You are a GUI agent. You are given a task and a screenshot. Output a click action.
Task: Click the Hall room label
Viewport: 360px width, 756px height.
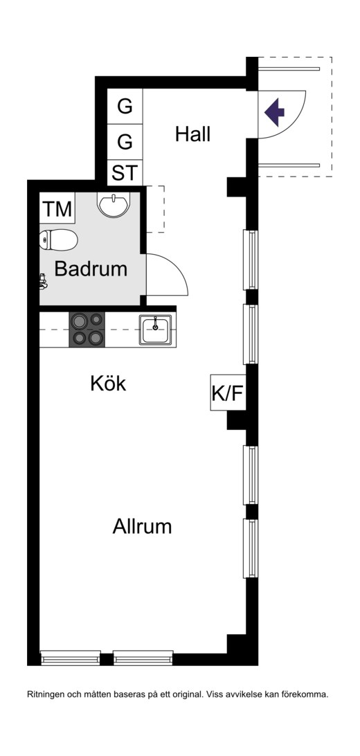(192, 134)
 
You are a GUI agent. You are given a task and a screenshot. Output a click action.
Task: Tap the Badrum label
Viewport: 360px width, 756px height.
(91, 269)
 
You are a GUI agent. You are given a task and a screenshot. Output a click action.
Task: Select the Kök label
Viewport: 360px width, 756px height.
(108, 384)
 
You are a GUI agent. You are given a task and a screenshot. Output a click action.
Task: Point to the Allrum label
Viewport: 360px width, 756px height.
(142, 526)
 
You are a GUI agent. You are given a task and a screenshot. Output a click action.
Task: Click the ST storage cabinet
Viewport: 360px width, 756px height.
(125, 172)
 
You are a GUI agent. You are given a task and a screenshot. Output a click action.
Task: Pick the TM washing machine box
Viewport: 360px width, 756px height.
(57, 210)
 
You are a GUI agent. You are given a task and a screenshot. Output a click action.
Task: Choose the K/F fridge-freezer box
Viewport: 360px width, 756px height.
(228, 393)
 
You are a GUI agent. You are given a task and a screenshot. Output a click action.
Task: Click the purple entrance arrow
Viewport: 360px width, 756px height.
(274, 112)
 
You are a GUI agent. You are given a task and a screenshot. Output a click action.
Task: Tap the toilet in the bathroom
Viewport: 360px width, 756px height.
(58, 240)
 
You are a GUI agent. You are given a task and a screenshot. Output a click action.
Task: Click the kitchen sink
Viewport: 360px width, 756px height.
(155, 330)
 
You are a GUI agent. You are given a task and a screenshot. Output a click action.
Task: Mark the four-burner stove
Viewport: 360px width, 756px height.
(87, 330)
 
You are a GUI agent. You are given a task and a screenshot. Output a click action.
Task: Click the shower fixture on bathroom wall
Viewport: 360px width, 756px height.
(44, 281)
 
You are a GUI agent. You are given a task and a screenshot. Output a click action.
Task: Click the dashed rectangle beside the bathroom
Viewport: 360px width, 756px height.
(155, 209)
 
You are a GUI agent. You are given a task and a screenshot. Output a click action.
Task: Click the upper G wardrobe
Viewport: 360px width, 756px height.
(125, 106)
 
